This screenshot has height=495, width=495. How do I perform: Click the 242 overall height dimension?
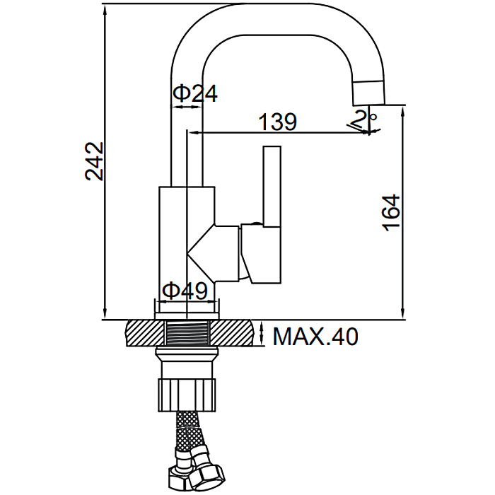(94, 161)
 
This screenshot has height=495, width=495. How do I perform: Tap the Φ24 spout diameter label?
(195, 94)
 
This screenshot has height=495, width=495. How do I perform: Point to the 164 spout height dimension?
(391, 212)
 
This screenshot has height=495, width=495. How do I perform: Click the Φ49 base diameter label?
(185, 291)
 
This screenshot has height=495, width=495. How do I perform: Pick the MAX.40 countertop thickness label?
(315, 337)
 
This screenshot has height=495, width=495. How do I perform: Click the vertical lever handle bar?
(272, 186)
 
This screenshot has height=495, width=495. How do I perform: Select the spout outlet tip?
(368, 93)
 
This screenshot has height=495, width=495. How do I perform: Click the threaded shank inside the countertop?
(187, 333)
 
